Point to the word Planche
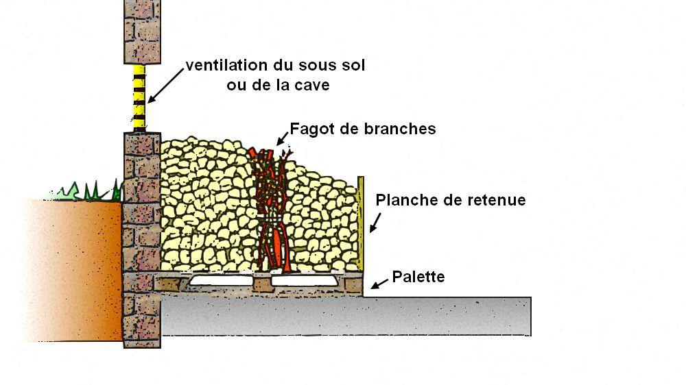click(x=405, y=200)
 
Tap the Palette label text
click(x=418, y=277)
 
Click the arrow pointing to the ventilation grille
click(x=165, y=85)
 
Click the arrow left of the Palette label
click(x=378, y=282)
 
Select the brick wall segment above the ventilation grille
click(x=142, y=31)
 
